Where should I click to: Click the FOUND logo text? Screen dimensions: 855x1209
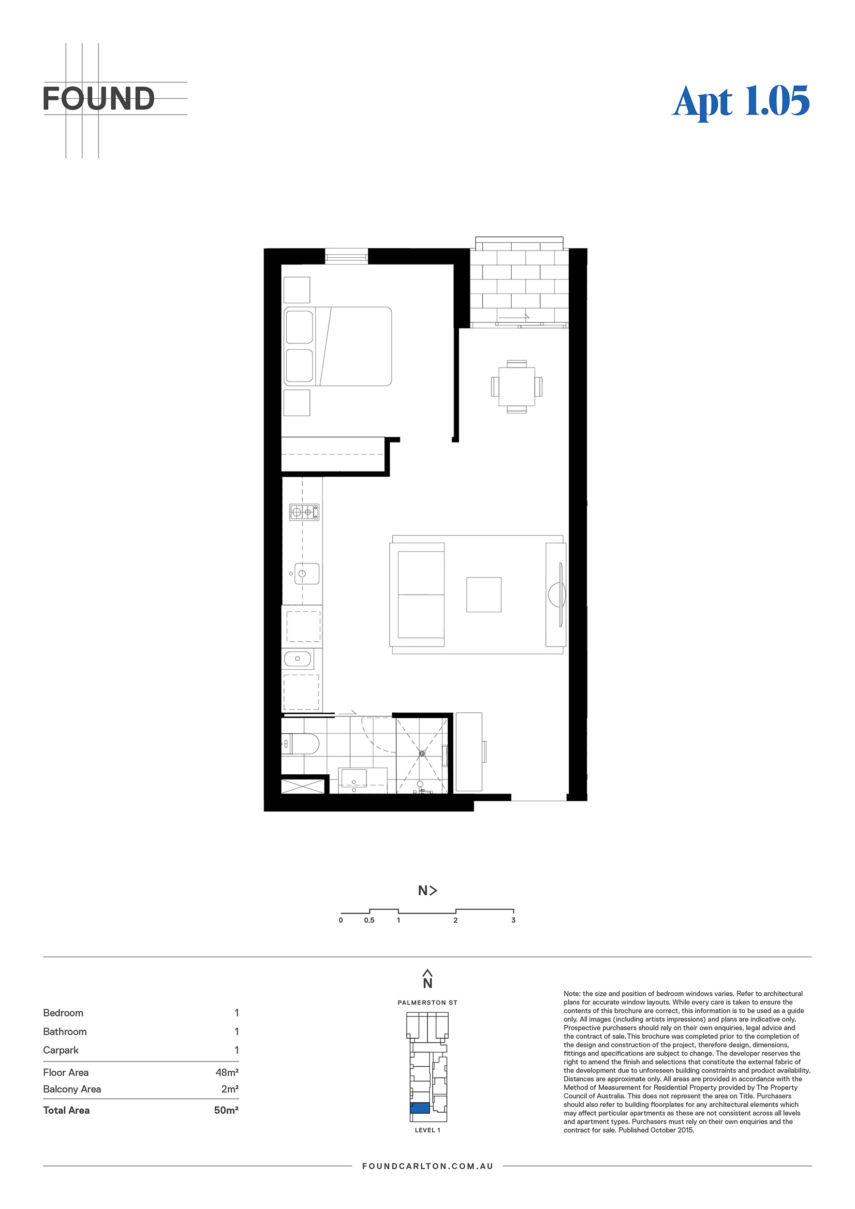(99, 99)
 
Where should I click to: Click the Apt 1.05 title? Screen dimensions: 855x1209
(741, 101)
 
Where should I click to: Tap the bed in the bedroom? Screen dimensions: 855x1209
(338, 346)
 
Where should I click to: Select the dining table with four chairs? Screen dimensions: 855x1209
(516, 386)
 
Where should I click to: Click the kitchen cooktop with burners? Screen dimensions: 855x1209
(304, 512)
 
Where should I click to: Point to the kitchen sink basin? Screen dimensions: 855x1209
(307, 574)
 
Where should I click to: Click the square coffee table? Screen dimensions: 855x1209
(484, 594)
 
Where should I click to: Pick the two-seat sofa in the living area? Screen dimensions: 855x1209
(417, 594)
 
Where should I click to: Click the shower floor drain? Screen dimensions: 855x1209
(422, 753)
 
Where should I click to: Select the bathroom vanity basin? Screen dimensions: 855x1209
(354, 778)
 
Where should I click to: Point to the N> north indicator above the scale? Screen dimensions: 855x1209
(427, 890)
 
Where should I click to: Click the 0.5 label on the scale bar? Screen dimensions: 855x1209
(369, 920)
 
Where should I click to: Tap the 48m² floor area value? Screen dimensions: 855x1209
(227, 1072)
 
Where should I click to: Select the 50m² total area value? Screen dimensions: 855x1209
(226, 1110)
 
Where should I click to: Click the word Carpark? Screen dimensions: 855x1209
(60, 1050)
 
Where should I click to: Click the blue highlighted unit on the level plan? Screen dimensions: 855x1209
(420, 1107)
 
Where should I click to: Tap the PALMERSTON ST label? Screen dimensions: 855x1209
(427, 1003)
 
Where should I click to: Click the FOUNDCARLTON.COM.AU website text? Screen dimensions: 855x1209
(427, 1166)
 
